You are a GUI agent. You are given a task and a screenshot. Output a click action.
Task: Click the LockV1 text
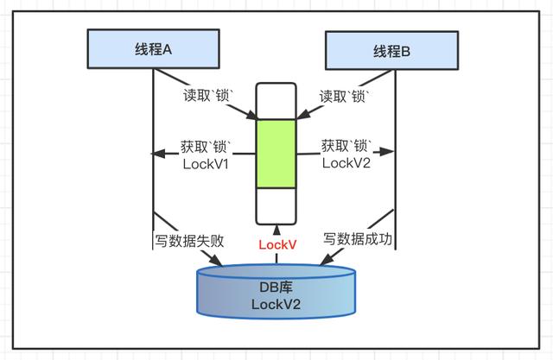pyautogui.click(x=206, y=165)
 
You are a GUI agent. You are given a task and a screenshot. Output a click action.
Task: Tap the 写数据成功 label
pyautogui.click(x=358, y=238)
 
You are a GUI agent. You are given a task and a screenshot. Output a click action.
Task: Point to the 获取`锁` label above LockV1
pyautogui.click(x=206, y=146)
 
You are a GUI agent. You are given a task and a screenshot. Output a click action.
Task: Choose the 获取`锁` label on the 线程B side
pyautogui.click(x=346, y=146)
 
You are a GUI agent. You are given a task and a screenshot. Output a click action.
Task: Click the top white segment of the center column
pyautogui.click(x=276, y=100)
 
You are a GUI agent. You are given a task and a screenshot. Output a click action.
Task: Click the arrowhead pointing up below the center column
pyautogui.click(x=276, y=229)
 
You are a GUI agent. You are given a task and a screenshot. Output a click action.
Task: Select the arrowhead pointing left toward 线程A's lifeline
pyautogui.click(x=158, y=154)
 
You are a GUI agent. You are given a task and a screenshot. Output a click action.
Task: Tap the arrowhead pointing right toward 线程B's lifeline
pyautogui.click(x=390, y=154)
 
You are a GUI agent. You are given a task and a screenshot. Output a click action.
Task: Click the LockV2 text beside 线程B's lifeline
pyautogui.click(x=346, y=165)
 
